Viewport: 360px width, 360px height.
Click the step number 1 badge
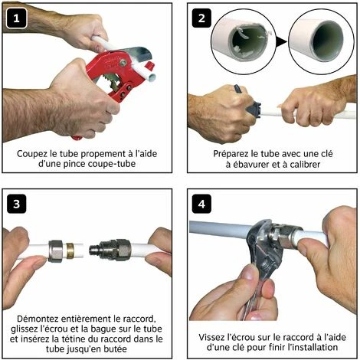[16, 18]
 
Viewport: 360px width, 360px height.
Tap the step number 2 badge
[201, 18]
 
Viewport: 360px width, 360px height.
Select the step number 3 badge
[16, 204]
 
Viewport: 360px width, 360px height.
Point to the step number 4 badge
[201, 204]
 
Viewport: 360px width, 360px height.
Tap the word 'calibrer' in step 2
[305, 164]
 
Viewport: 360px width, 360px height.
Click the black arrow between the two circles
[281, 41]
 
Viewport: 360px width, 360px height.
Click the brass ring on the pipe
[69, 250]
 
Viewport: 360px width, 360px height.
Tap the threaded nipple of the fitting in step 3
[95, 250]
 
